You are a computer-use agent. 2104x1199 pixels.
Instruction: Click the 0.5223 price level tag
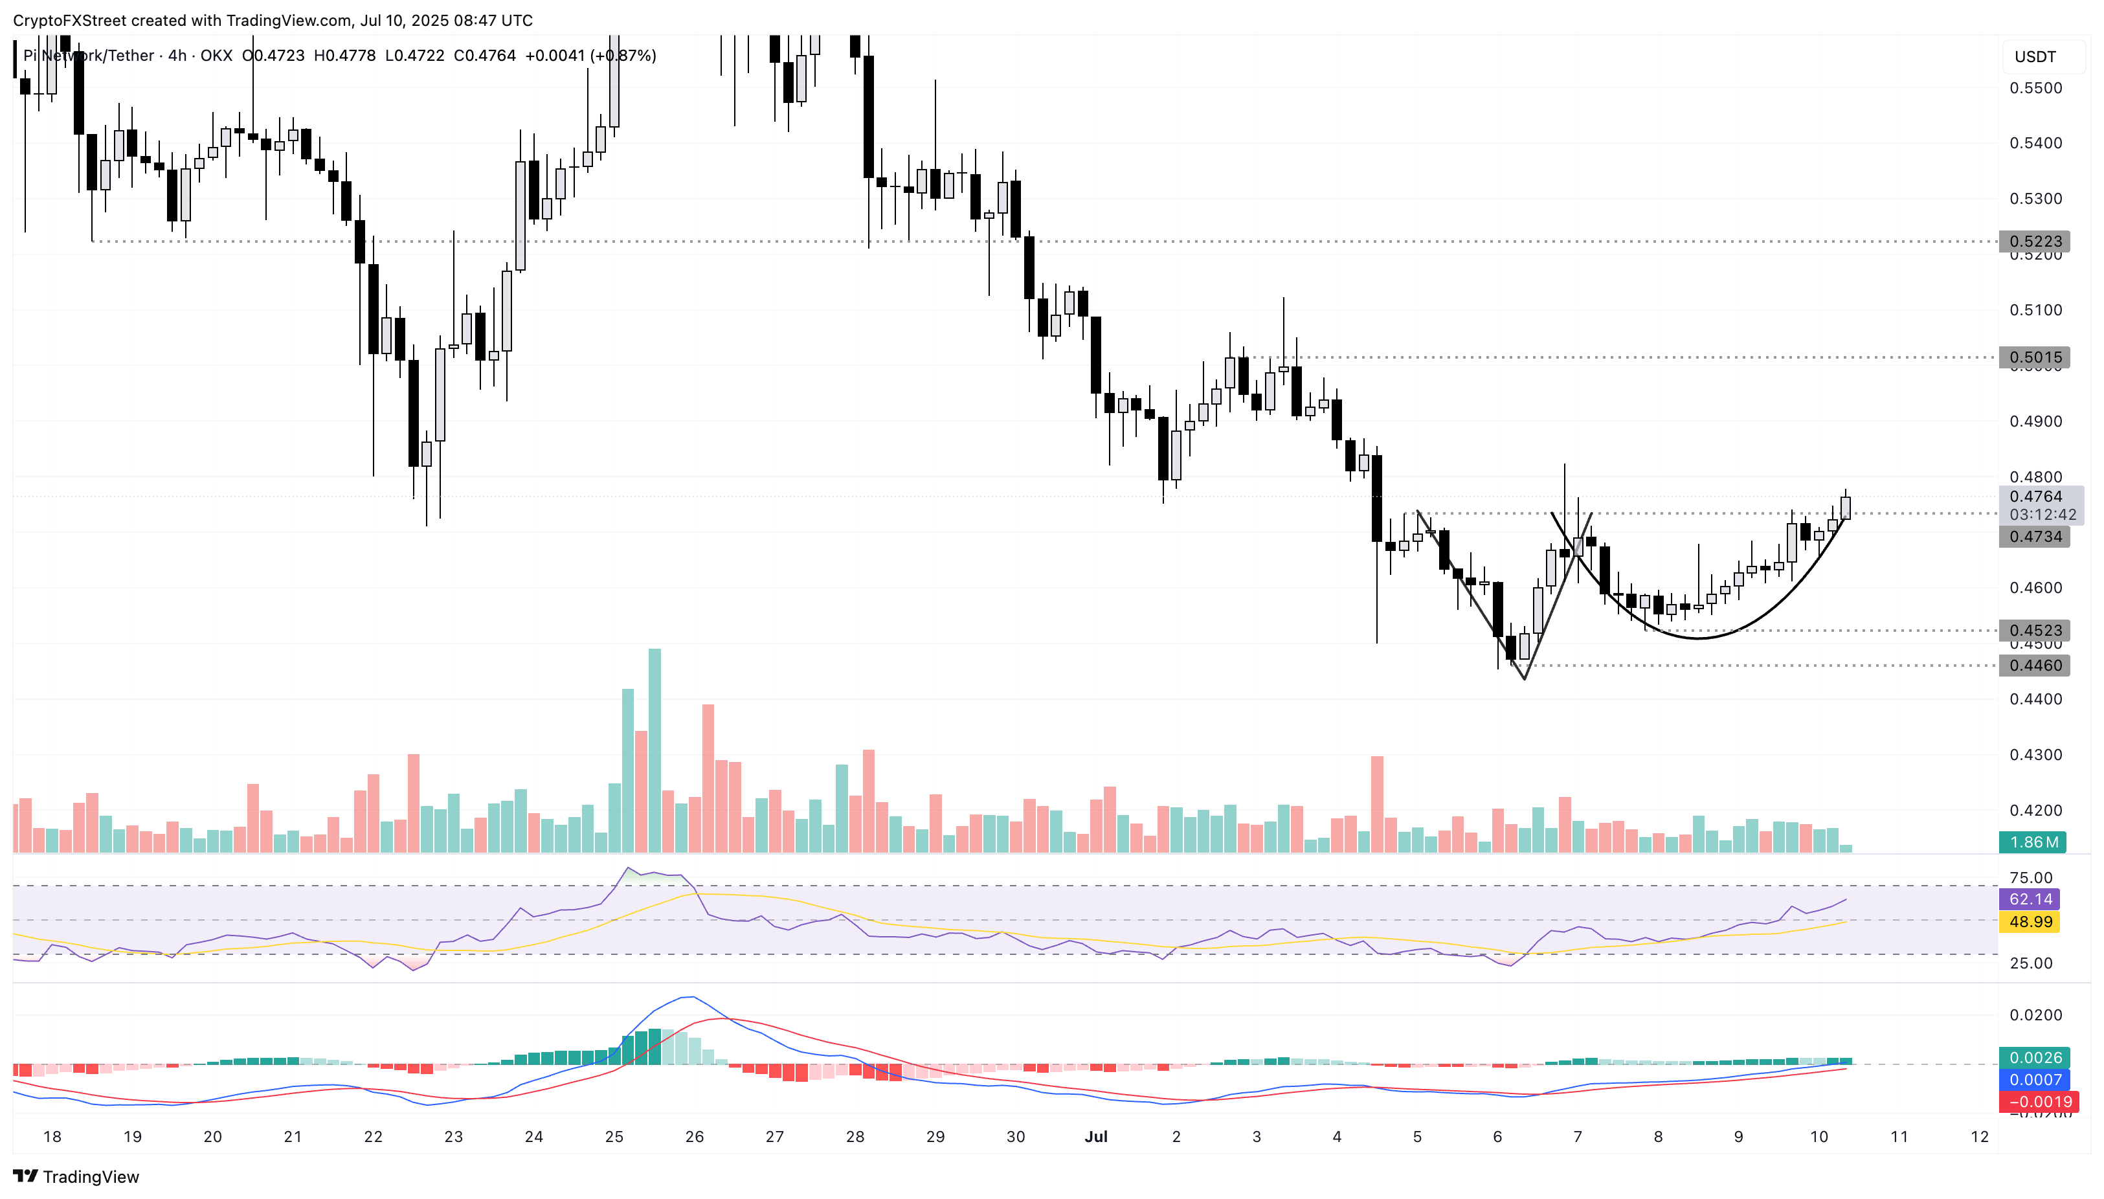pos(2035,241)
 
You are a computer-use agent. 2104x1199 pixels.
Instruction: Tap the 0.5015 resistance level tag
pos(2035,357)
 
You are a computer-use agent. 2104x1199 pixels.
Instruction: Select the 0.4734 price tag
pos(2035,537)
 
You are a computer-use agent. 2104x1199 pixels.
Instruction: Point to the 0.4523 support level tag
pos(2035,631)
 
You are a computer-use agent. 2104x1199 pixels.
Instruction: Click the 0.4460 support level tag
pos(2035,666)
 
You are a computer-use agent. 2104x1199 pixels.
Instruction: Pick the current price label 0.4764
pos(2035,497)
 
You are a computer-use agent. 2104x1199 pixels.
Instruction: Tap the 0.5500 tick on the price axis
pos(2035,88)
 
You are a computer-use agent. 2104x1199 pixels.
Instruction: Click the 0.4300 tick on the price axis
pos(2035,755)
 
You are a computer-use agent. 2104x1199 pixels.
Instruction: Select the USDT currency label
pos(2035,57)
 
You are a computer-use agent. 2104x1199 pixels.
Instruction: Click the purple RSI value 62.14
pos(2030,899)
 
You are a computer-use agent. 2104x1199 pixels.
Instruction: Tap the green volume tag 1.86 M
pos(2033,842)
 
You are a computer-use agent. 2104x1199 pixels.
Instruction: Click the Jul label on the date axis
pos(1095,1137)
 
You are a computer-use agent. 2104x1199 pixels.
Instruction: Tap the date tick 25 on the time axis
pos(614,1137)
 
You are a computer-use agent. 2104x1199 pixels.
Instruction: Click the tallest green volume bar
pos(655,750)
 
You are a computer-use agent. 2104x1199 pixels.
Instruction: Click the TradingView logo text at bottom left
pos(76,1177)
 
